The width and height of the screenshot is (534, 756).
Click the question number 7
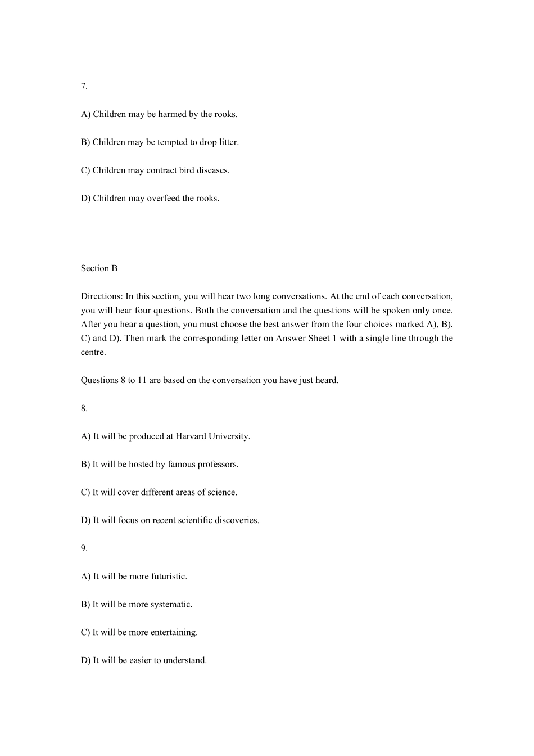84,86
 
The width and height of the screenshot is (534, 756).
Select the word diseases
213,170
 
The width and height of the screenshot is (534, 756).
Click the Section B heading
99,268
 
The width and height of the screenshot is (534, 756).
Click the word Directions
102,296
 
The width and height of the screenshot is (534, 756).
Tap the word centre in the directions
93,353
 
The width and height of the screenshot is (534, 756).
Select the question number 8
84,408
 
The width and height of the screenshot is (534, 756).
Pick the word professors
218,465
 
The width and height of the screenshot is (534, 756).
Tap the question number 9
84,548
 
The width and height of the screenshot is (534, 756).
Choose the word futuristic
169,577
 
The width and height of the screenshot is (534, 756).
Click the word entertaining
174,633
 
